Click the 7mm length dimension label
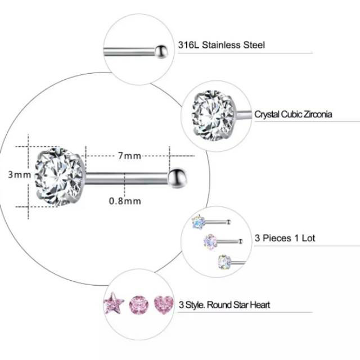tap(129, 156)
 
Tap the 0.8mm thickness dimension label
tap(125, 200)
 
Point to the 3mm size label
tap(19, 175)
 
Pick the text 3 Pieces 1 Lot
tap(285, 238)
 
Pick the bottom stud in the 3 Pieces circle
tap(224, 261)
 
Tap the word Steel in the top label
tap(254, 45)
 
